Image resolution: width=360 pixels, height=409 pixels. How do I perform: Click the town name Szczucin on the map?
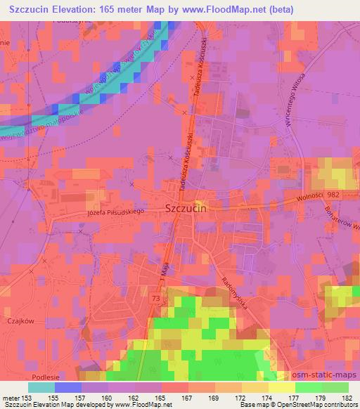(189, 208)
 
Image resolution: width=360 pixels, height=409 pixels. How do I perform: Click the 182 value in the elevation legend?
(347, 398)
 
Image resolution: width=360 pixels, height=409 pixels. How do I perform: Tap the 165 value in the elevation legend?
(162, 398)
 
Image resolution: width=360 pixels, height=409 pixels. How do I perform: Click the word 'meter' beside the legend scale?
(12, 398)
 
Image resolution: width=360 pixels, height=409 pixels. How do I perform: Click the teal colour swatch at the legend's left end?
(41, 387)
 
